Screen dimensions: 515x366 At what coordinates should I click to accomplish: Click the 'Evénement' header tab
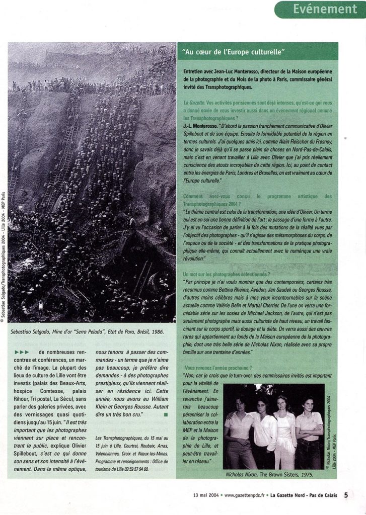click(x=325, y=10)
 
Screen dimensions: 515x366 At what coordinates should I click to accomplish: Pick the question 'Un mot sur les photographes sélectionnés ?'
click(x=227, y=275)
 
